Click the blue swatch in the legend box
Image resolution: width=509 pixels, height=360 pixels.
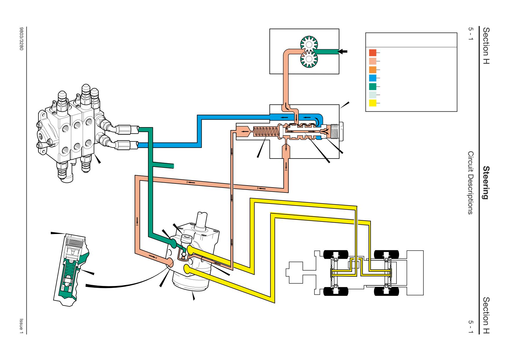pyautogui.click(x=373, y=78)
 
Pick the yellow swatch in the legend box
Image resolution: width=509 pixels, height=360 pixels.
pyautogui.click(x=373, y=103)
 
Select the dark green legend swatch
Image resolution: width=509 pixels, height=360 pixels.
pyautogui.click(x=373, y=86)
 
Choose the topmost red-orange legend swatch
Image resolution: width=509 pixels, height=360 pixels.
pyautogui.click(x=373, y=53)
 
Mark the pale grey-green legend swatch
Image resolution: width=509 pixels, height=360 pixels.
pyautogui.click(x=373, y=95)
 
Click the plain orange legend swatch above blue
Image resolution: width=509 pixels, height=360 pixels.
pyautogui.click(x=373, y=69)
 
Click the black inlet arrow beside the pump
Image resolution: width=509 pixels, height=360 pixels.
pyautogui.click(x=343, y=52)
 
